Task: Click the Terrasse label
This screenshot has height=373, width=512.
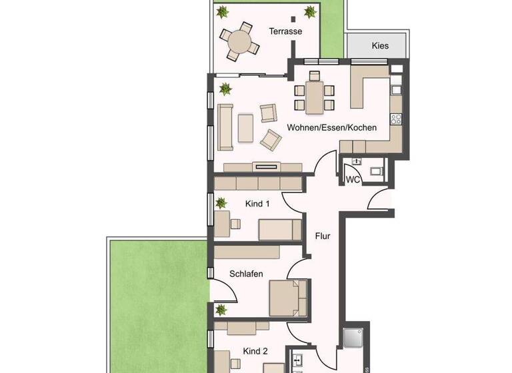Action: (x=285, y=31)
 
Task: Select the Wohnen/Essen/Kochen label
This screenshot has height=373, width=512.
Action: (x=331, y=127)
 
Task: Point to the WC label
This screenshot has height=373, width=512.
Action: (x=353, y=179)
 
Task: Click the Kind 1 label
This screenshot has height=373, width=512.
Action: (x=257, y=204)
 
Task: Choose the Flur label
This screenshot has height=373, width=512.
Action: (x=323, y=235)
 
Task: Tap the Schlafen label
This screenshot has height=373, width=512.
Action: (x=246, y=274)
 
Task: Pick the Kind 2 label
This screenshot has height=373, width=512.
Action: (x=255, y=351)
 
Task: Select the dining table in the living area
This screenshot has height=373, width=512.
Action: (x=313, y=97)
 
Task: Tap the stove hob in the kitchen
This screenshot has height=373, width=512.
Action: (x=396, y=120)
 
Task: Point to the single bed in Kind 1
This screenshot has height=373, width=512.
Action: (x=281, y=230)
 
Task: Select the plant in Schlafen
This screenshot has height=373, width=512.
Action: (x=221, y=309)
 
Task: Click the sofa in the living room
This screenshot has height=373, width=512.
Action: (x=226, y=127)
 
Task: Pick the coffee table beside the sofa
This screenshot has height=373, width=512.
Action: (x=245, y=128)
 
